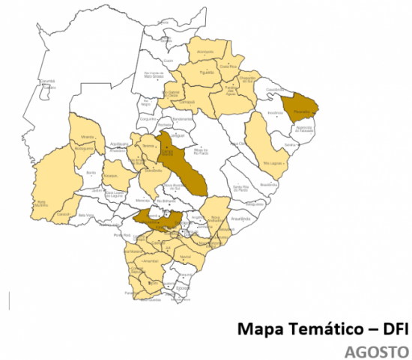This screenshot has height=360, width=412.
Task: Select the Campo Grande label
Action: tap(168, 153)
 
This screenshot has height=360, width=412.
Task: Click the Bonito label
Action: tap(91, 173)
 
